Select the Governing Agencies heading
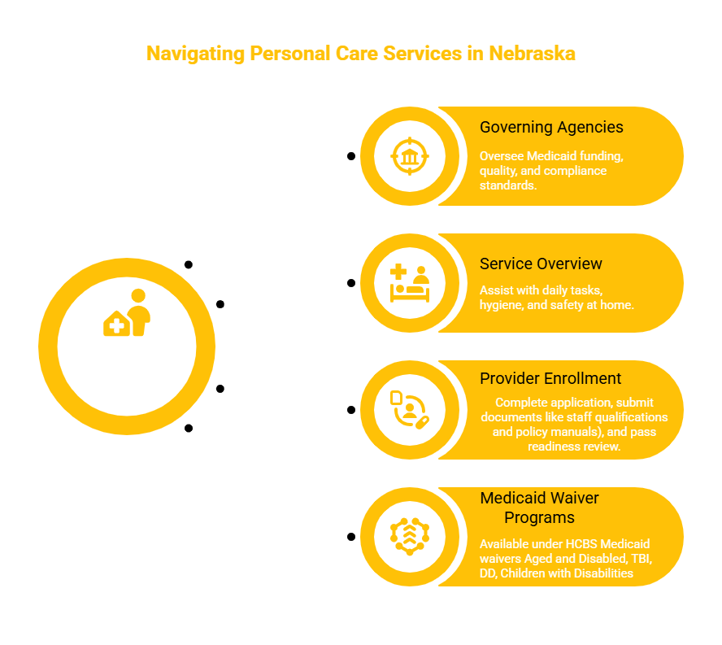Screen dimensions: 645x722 click(551, 127)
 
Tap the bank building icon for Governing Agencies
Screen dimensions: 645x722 click(409, 156)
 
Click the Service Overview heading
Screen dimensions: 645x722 click(541, 264)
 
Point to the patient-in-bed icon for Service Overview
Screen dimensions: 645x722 click(409, 283)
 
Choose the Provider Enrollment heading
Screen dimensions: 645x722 click(550, 378)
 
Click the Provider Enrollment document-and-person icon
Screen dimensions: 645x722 click(409, 410)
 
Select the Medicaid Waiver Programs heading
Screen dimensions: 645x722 click(539, 508)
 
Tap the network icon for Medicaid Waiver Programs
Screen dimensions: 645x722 click(409, 537)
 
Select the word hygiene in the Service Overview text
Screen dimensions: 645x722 click(502, 305)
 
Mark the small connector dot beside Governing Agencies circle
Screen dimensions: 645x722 click(351, 156)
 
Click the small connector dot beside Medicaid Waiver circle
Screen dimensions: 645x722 click(351, 537)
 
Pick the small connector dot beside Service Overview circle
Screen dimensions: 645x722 click(351, 283)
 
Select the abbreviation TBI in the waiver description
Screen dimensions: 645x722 click(638, 558)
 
